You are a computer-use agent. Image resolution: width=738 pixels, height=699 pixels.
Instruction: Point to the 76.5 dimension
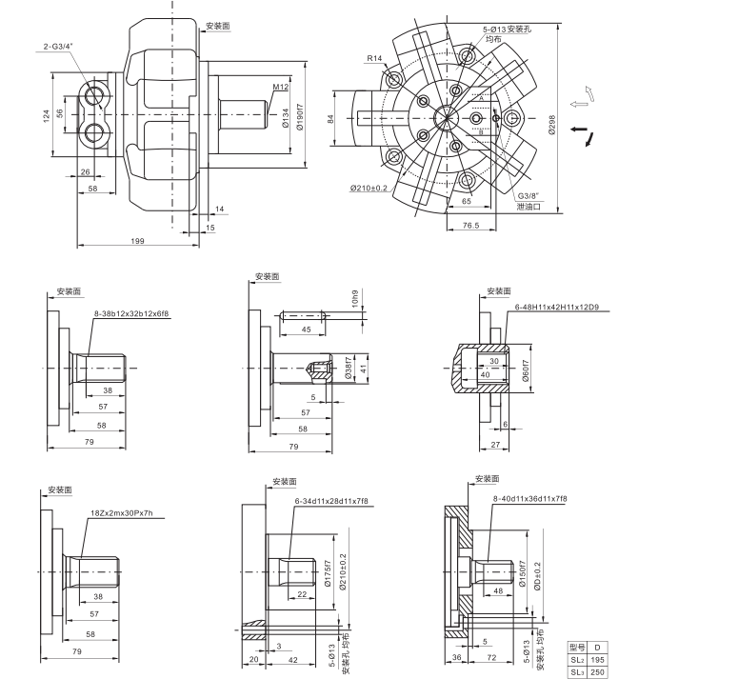click(470, 226)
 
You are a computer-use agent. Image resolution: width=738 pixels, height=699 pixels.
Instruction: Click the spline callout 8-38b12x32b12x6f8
click(131, 312)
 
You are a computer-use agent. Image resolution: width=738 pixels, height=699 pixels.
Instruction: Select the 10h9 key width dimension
click(355, 299)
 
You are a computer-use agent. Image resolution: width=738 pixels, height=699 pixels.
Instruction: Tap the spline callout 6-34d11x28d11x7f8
click(330, 501)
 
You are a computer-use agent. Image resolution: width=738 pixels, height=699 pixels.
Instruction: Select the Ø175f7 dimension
click(327, 573)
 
